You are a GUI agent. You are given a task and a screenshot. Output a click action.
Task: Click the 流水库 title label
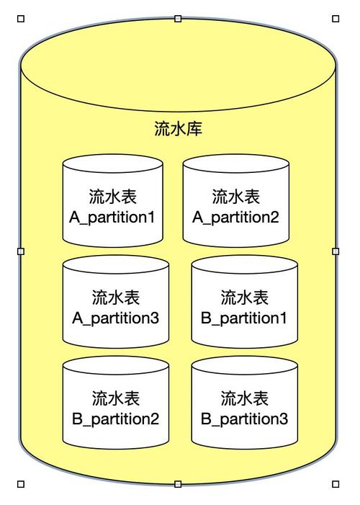click(x=178, y=129)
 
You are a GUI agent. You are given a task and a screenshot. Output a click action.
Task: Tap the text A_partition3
click(x=115, y=318)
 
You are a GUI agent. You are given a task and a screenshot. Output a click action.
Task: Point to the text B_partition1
click(x=244, y=318)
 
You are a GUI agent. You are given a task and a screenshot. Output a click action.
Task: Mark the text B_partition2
click(x=115, y=419)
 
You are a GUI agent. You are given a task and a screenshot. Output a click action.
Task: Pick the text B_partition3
click(x=244, y=419)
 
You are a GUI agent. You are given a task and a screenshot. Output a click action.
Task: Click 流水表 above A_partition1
click(x=112, y=196)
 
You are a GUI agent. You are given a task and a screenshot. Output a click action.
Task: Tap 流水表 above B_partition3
click(x=244, y=398)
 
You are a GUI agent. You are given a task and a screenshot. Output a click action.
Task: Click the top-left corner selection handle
click(x=20, y=19)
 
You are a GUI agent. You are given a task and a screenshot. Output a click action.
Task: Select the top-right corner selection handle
click(x=336, y=19)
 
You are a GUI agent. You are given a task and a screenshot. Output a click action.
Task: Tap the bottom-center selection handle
click(x=178, y=484)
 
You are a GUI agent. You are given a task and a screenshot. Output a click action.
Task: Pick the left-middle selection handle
click(x=20, y=251)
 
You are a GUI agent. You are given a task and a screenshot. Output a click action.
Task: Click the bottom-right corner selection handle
click(x=336, y=484)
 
